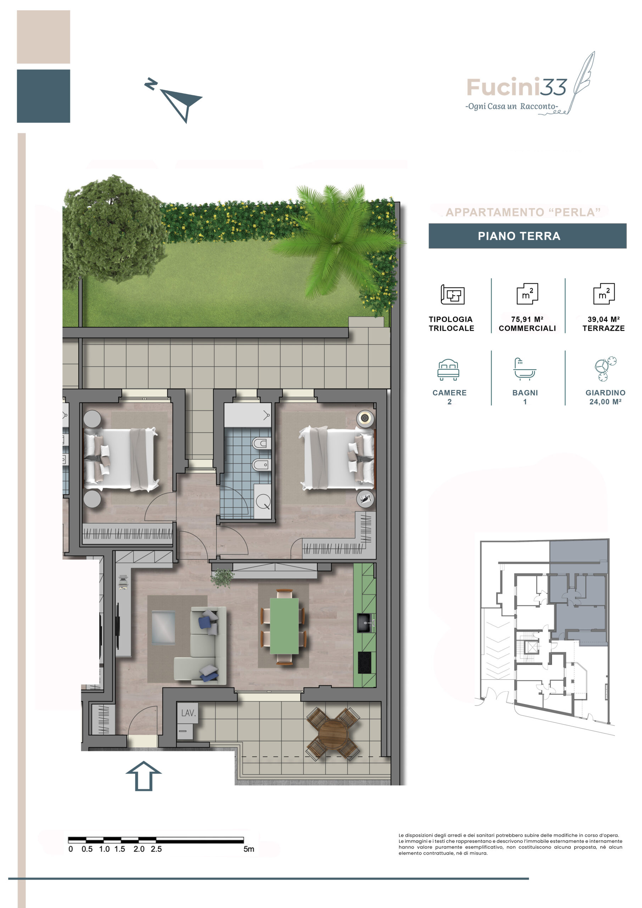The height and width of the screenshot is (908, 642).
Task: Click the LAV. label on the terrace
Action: point(188,713)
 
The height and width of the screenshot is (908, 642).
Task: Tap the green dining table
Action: point(284,626)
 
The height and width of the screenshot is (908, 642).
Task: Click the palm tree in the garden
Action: point(338,239)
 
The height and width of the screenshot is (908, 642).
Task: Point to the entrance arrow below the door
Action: point(144,776)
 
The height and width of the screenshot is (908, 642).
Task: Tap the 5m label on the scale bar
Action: point(249,849)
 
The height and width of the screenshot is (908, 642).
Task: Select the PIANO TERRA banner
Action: point(527,236)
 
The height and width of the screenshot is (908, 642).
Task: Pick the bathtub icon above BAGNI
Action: point(525,369)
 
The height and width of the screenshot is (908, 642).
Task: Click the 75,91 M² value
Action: point(527,319)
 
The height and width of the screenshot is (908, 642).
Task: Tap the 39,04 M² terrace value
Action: point(604,319)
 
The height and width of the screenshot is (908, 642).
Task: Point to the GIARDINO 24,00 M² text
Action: point(605,397)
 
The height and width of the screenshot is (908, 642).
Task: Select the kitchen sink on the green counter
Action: point(364,623)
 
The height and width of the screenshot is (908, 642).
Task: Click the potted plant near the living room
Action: point(222,578)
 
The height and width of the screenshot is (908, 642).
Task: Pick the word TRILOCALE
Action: point(451,328)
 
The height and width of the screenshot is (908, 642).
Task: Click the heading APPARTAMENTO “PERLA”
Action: point(523,212)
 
